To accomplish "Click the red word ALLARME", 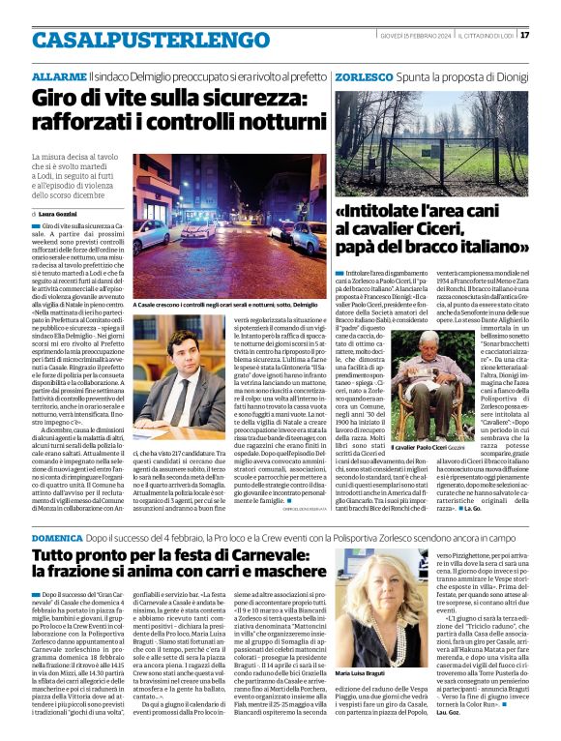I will click(x=58, y=75).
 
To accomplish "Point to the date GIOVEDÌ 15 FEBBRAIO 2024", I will click(x=417, y=36).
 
